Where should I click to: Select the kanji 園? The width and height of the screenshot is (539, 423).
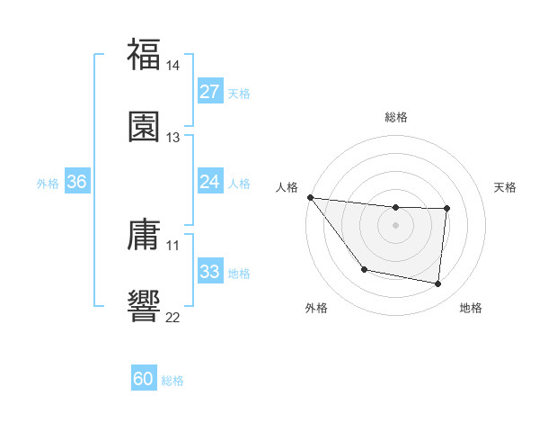click(144, 126)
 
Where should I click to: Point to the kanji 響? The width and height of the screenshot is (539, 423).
click(144, 304)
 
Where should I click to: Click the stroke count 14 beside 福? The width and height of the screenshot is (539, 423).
click(173, 66)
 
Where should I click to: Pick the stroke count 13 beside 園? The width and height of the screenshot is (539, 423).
click(173, 137)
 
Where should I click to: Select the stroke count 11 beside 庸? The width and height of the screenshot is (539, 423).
click(173, 245)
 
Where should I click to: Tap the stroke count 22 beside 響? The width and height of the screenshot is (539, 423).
click(173, 316)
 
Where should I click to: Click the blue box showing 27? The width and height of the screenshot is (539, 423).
click(209, 92)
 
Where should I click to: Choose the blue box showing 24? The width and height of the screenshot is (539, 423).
click(209, 182)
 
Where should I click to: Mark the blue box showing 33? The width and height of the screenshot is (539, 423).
click(209, 272)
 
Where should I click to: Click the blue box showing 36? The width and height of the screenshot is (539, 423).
click(76, 182)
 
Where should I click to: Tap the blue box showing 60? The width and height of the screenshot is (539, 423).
click(144, 379)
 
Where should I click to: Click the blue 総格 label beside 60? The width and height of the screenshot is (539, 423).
click(172, 381)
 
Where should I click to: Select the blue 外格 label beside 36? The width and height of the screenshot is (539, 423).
click(48, 184)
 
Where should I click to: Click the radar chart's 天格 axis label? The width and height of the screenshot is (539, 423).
click(505, 187)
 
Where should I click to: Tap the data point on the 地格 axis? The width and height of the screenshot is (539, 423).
click(438, 284)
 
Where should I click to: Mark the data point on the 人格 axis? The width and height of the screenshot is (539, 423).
click(310, 197)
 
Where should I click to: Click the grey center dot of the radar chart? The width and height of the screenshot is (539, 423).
click(395, 225)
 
